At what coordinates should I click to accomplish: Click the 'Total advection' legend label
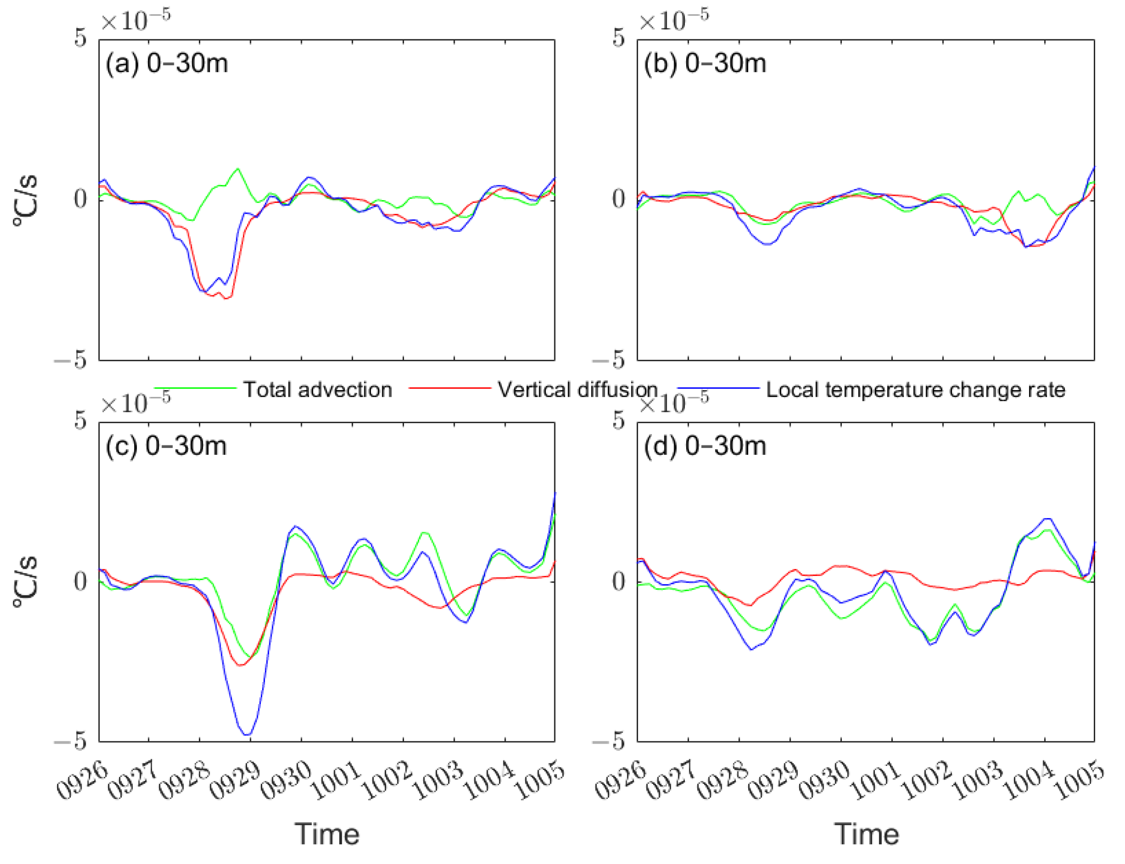point(317,390)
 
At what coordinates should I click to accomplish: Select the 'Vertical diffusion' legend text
point(577,390)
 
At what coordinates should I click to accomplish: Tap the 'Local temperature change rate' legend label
point(915,390)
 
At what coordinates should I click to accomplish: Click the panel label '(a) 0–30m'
point(166,64)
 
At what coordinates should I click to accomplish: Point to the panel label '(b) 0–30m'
point(704,64)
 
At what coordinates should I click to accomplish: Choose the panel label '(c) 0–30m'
point(165,446)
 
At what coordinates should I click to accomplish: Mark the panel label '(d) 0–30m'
point(704,446)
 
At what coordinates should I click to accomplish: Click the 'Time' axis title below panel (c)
point(327,835)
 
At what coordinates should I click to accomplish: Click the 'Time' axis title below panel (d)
point(866,835)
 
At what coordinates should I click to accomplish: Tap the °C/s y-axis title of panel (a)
point(26,201)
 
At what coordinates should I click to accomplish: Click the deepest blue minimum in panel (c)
point(248,734)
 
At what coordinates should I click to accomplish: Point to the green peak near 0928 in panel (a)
point(237,169)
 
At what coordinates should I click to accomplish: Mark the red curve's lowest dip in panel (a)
point(227,298)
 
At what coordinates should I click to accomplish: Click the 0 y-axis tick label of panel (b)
point(618,199)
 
